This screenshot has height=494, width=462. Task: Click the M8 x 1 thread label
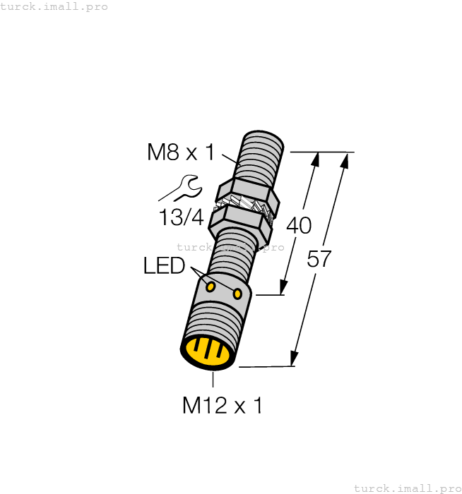181,152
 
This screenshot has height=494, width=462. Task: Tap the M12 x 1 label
222,405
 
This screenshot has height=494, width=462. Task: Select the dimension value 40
299,226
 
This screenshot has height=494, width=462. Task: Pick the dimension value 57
319,259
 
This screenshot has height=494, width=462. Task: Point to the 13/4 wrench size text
181,217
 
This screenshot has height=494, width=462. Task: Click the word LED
164,266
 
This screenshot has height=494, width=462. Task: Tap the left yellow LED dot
211,286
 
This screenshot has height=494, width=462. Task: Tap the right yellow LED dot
237,293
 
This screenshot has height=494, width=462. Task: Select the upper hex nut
247,194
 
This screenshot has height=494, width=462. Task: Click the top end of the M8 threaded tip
264,136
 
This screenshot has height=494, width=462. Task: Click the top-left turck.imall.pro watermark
54,6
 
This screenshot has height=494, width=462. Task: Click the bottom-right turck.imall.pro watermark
406,488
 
